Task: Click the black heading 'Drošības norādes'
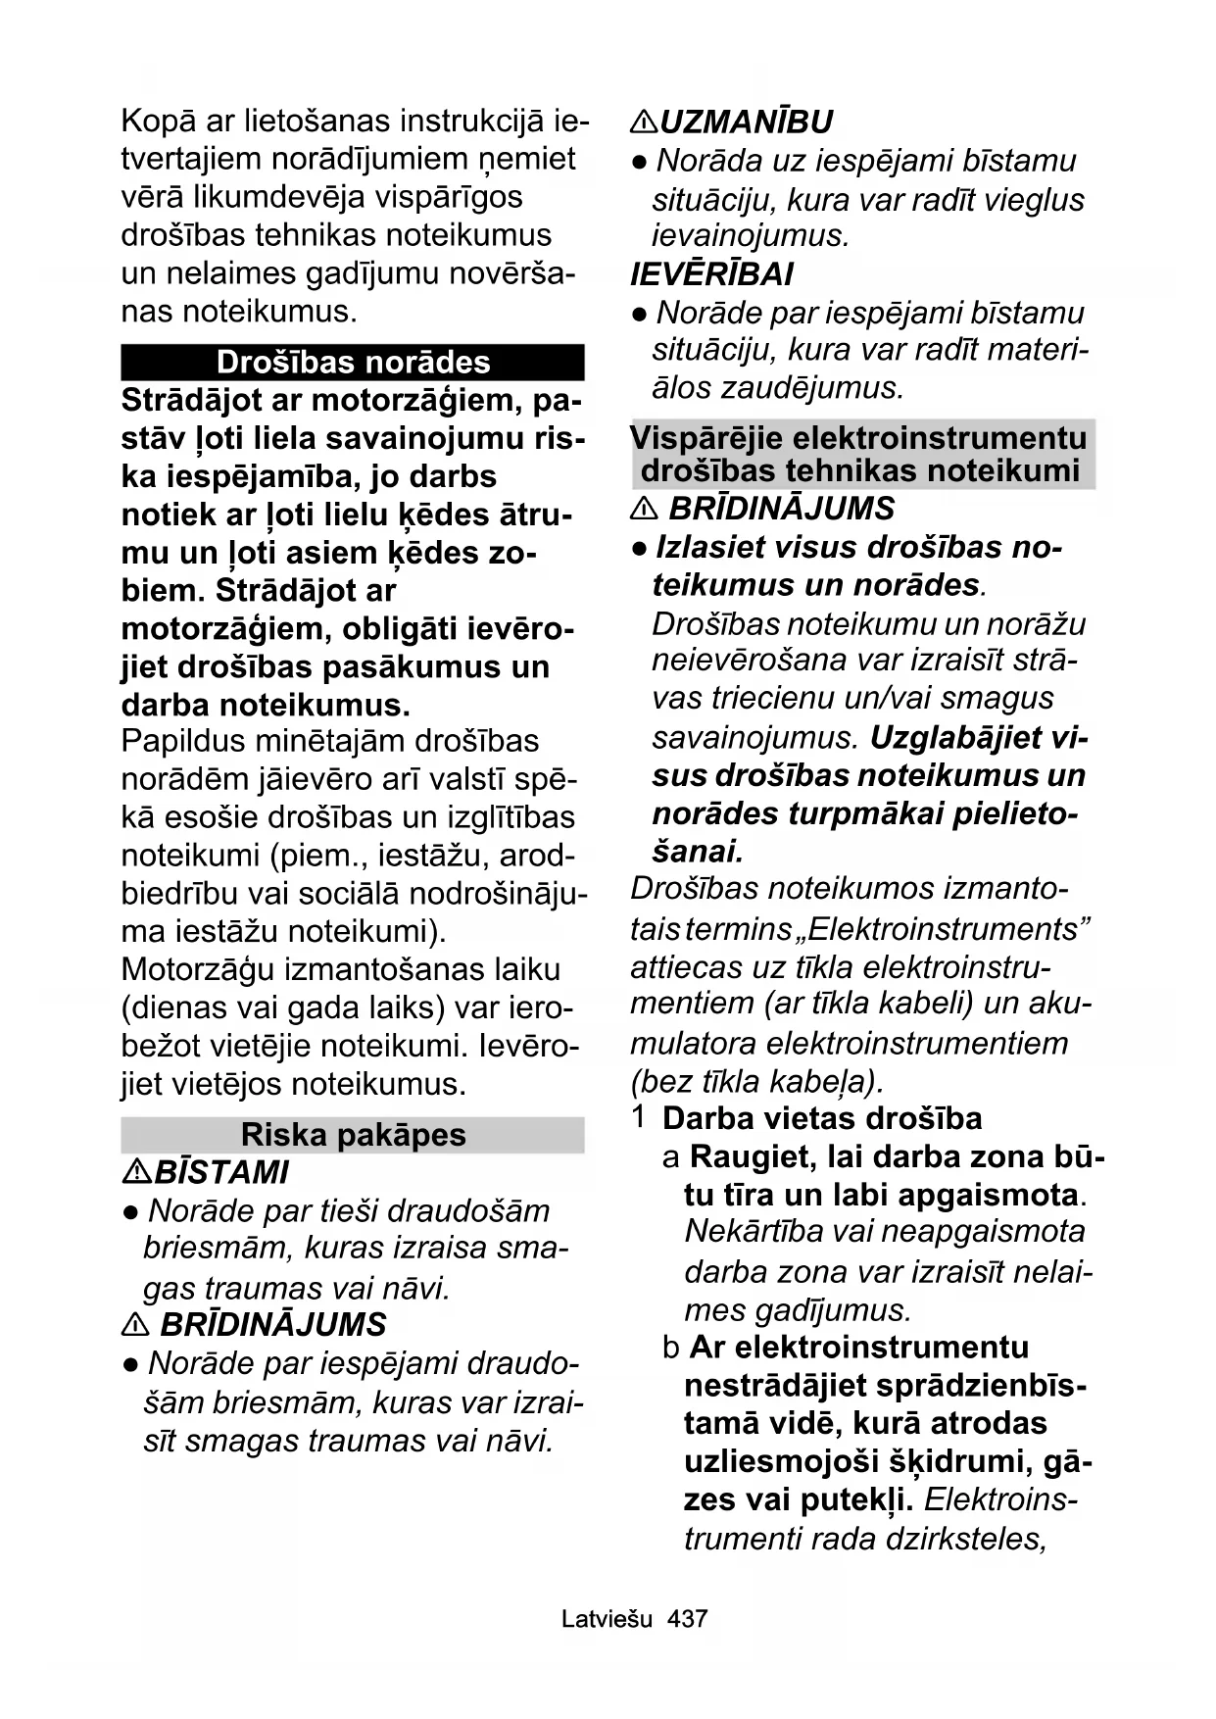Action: tap(353, 363)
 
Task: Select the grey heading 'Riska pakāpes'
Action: tap(353, 1135)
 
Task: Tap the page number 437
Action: tap(687, 1619)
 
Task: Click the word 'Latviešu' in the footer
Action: tap(607, 1619)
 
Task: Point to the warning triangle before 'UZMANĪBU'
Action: tap(644, 123)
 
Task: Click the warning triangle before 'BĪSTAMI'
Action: tap(136, 1172)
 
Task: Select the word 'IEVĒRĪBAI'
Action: tap(711, 274)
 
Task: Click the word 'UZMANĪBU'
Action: tap(747, 123)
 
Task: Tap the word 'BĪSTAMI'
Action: tap(222, 1172)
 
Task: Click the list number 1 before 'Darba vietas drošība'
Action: tap(639, 1117)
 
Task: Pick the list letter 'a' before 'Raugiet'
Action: tap(671, 1157)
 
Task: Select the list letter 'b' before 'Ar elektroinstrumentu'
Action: tap(671, 1348)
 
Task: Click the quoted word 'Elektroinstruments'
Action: tap(943, 928)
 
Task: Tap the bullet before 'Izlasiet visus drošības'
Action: tap(639, 548)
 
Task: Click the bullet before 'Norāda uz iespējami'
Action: tap(639, 162)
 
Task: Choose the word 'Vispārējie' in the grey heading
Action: tap(706, 437)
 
